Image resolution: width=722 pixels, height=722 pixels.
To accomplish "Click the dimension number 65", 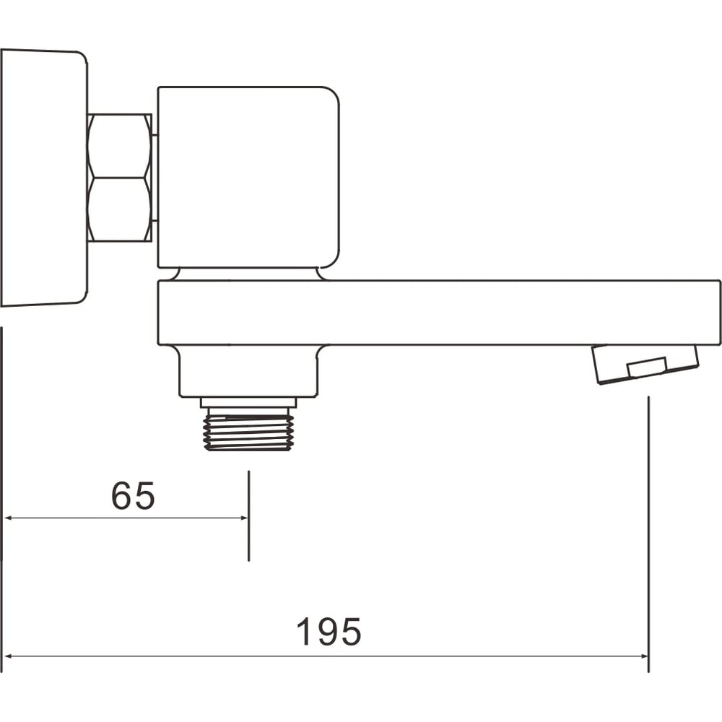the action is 133,496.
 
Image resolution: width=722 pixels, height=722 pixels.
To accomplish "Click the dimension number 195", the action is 329,632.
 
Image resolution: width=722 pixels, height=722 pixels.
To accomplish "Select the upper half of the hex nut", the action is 120,146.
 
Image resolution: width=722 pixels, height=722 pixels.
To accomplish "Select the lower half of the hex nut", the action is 120,209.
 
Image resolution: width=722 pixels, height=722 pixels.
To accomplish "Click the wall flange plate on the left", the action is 44,178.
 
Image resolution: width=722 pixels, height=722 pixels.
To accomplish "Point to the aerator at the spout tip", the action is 645,364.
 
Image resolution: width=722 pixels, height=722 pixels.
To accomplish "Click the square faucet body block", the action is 248,178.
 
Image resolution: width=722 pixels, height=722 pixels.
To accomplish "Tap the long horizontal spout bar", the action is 439,312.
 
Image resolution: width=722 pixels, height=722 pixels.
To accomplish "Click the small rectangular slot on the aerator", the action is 647,366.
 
